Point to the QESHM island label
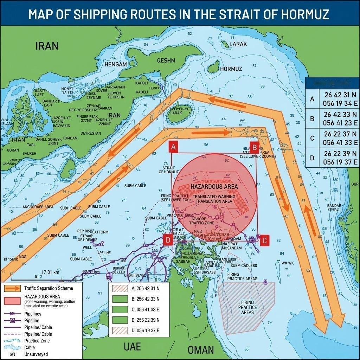tap(166, 60)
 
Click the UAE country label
tap(132, 347)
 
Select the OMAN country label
tap(201, 349)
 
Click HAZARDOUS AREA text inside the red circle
tap(214, 186)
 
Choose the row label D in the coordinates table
tap(312, 158)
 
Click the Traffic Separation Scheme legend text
tap(49, 288)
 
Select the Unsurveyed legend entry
tap(36, 354)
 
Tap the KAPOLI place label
tap(141, 83)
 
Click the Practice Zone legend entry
tap(37, 341)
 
